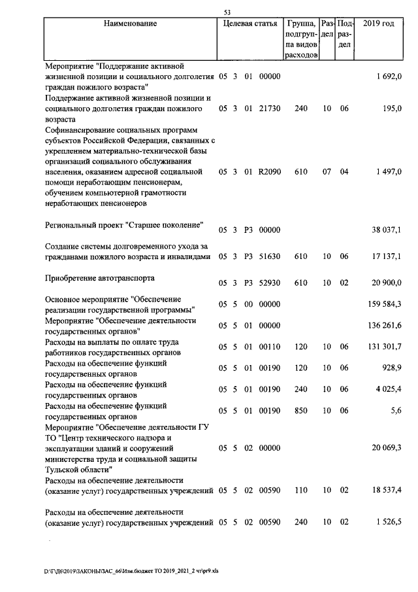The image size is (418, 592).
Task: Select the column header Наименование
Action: tap(130, 24)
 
